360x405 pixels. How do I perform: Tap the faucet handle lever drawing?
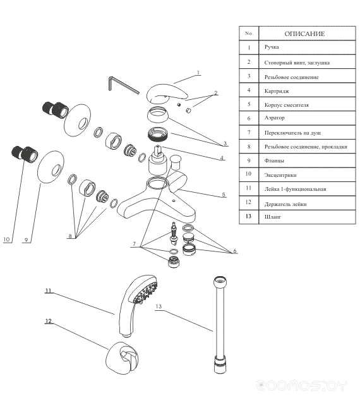[167, 93]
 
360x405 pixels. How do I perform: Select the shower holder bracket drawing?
[121, 356]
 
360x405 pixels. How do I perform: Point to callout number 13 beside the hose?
[159, 306]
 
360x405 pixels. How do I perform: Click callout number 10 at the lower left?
[6, 239]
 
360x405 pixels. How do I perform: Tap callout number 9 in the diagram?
[26, 240]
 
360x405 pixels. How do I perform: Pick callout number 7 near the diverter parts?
[135, 244]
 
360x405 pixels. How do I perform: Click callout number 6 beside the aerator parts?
[235, 251]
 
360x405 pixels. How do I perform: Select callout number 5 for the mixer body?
[224, 195]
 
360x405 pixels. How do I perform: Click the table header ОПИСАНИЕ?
[304, 34]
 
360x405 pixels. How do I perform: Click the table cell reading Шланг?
[273, 217]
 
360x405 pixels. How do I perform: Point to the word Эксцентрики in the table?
[280, 175]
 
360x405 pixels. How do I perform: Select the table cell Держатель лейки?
[285, 204]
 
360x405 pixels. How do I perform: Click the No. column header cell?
[249, 33]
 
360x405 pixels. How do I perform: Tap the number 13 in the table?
[248, 216]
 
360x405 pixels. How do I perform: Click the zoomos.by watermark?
[301, 386]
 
